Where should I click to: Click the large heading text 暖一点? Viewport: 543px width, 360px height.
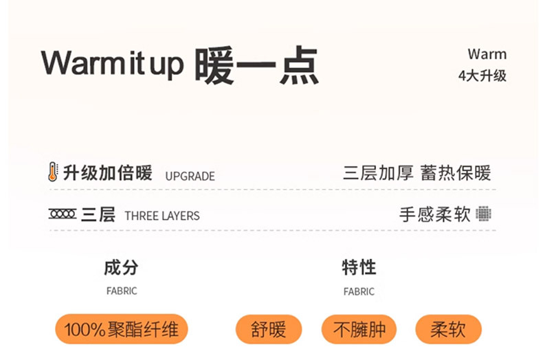256,65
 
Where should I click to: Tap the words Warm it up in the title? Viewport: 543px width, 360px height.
112,64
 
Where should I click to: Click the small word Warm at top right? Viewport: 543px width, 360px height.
487,54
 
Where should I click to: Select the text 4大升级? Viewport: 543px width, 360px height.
482,76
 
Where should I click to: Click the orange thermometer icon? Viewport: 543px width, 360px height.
53,172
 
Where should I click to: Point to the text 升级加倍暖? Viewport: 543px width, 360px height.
107,173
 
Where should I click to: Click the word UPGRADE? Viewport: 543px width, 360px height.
190,177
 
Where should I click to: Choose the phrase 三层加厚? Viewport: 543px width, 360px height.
378,173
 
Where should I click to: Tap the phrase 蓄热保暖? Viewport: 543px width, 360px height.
456,173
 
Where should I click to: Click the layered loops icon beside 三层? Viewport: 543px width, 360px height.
63,214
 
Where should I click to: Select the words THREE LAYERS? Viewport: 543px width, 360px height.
162,216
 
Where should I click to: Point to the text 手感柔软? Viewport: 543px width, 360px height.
434,214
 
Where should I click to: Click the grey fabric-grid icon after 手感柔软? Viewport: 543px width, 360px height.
484,214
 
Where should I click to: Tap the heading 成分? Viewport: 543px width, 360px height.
121,267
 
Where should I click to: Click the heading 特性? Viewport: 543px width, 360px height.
359,267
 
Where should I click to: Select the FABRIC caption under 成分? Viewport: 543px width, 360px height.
122,291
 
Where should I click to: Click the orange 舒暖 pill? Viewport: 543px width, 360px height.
269,330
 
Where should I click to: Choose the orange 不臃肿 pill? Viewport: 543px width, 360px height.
359,330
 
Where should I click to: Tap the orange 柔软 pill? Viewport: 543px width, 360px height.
448,330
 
